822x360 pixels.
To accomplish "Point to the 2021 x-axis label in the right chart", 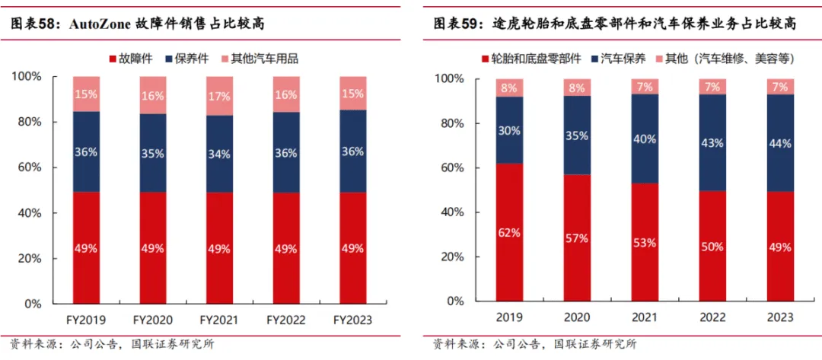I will [645, 317].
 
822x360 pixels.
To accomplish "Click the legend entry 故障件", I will [136, 58].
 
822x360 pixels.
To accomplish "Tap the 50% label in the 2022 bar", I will [712, 247].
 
